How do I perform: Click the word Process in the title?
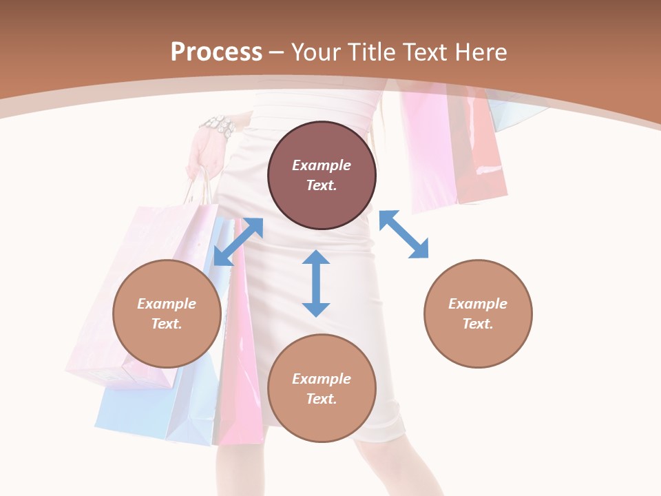coord(216,52)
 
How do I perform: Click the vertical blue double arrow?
coord(316,283)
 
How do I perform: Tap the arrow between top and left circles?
coord(238,241)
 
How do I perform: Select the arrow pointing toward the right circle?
coord(403,235)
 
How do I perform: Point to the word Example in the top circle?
coord(322,165)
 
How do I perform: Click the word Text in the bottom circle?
coord(321,399)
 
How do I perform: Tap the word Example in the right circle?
coord(478,304)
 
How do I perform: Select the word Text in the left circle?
coord(166,324)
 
